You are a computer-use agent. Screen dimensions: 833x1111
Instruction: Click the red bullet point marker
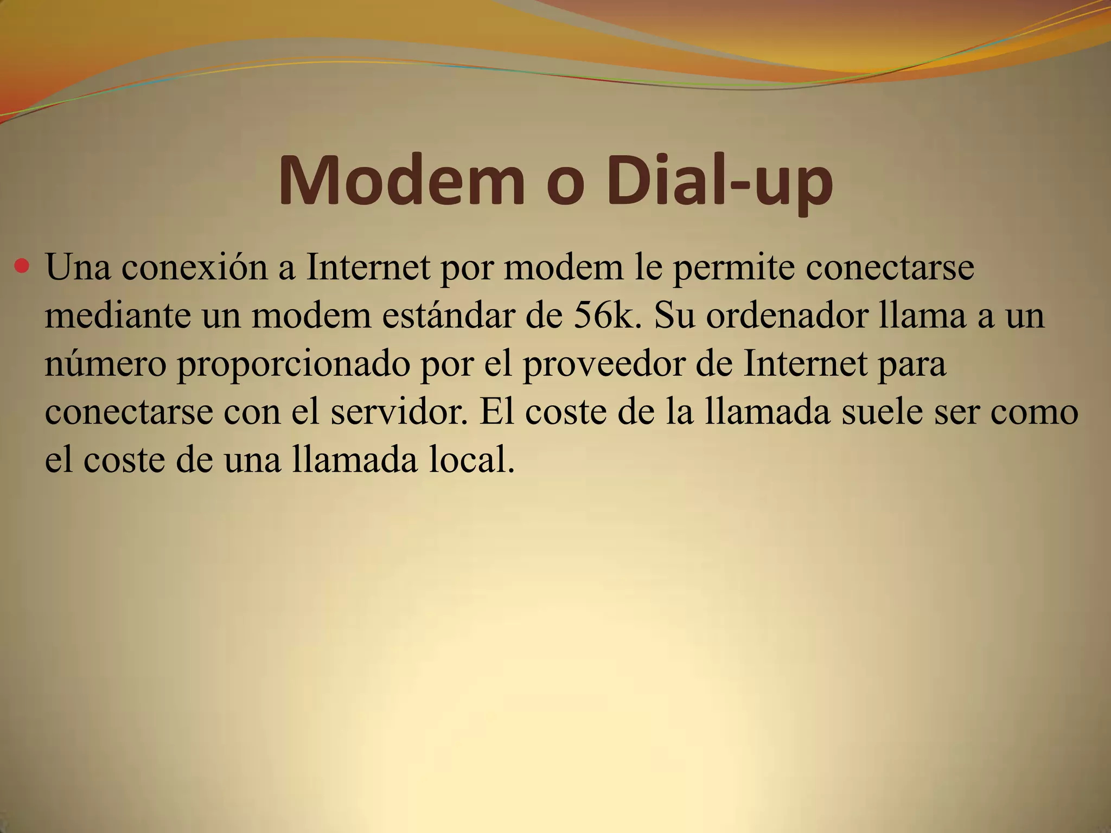coord(22,266)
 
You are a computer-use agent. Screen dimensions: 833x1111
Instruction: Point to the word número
coord(105,364)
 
